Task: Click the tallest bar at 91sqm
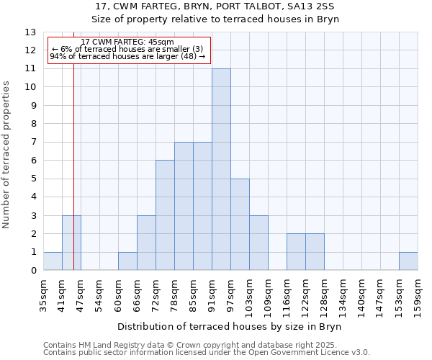click(x=221, y=170)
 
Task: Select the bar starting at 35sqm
click(x=53, y=261)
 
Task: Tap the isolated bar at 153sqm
click(x=408, y=261)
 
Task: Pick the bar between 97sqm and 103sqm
click(x=240, y=225)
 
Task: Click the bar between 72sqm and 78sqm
click(x=165, y=215)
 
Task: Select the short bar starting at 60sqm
click(x=127, y=261)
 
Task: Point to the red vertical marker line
click(x=73, y=180)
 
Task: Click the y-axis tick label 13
click(x=30, y=32)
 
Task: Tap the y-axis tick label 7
click(x=32, y=143)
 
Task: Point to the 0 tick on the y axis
click(x=32, y=271)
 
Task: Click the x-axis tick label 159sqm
click(x=418, y=294)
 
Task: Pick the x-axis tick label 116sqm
click(x=287, y=294)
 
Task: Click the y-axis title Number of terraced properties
click(x=7, y=155)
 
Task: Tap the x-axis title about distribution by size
click(x=230, y=327)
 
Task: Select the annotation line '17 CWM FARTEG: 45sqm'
click(x=127, y=42)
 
